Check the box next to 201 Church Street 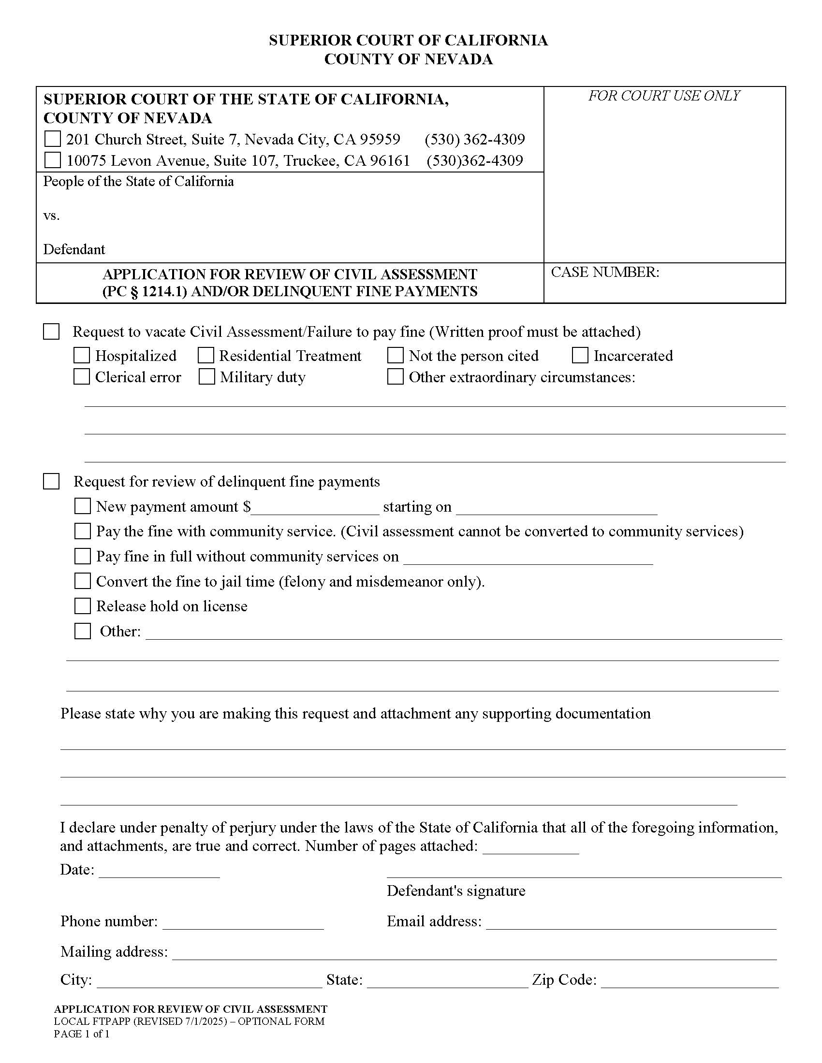(52, 139)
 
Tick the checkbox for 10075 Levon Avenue (52, 160)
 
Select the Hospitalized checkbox (81, 356)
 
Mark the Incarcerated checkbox (579, 356)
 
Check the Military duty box (206, 377)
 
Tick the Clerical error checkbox (81, 377)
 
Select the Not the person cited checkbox (395, 356)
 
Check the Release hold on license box (82, 606)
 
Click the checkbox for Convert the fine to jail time (82, 581)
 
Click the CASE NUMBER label (605, 272)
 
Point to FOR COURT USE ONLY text (664, 96)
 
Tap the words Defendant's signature (456, 891)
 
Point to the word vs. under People (52, 215)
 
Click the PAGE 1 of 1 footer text (82, 1034)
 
